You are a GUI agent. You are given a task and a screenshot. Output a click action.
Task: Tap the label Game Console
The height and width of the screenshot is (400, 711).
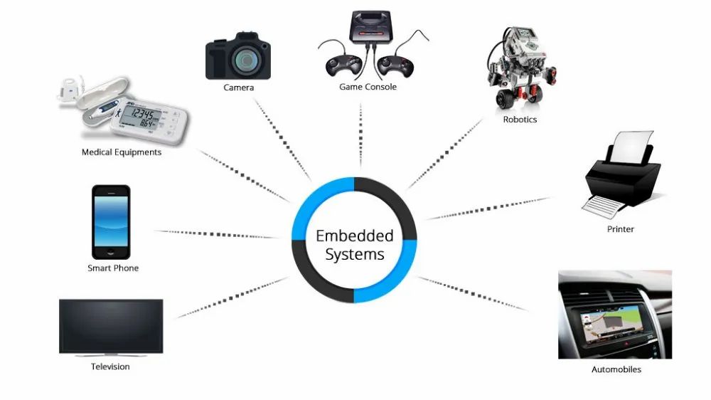[368, 87]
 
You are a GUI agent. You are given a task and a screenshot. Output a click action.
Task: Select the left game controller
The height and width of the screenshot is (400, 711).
[338, 65]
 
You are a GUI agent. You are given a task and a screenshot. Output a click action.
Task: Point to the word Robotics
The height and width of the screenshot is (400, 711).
[520, 120]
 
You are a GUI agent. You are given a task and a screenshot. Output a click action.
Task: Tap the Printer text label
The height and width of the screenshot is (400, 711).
[620, 229]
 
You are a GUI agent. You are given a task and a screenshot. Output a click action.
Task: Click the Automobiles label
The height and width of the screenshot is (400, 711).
[616, 369]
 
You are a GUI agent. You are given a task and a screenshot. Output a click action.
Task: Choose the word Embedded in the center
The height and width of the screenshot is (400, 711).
[354, 236]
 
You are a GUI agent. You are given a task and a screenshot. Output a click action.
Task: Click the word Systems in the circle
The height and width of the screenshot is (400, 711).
[354, 254]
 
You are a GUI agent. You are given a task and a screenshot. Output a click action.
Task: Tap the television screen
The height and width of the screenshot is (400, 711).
[111, 325]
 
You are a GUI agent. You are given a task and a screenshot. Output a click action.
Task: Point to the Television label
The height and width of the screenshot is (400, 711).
[110, 367]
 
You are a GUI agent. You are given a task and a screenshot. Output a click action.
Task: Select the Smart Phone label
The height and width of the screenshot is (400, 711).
[113, 268]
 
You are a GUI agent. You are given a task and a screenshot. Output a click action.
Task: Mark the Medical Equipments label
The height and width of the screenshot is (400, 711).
[122, 152]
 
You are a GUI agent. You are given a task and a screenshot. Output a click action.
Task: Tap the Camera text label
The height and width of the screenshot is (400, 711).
[238, 88]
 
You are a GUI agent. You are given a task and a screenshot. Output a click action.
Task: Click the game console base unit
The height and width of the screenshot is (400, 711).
[370, 28]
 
